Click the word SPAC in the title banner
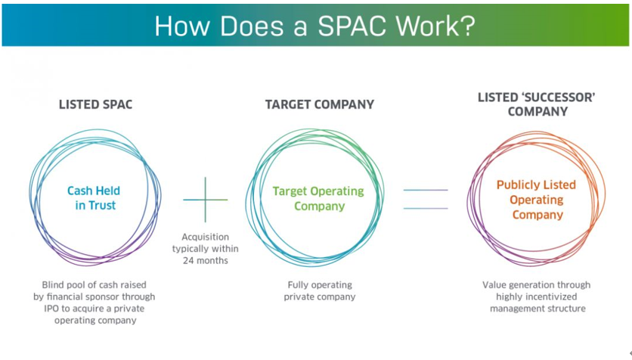point(353,26)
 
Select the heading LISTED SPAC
point(95,105)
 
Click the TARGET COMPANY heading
point(320,105)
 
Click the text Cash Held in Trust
point(94,198)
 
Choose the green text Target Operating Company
point(318,198)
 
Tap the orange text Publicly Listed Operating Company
point(537,200)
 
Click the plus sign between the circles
point(205,200)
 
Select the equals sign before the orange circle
point(426,199)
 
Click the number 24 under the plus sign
point(189,261)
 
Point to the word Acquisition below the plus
point(205,237)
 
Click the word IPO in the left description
point(51,309)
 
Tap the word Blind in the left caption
point(52,285)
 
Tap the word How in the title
point(182,26)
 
